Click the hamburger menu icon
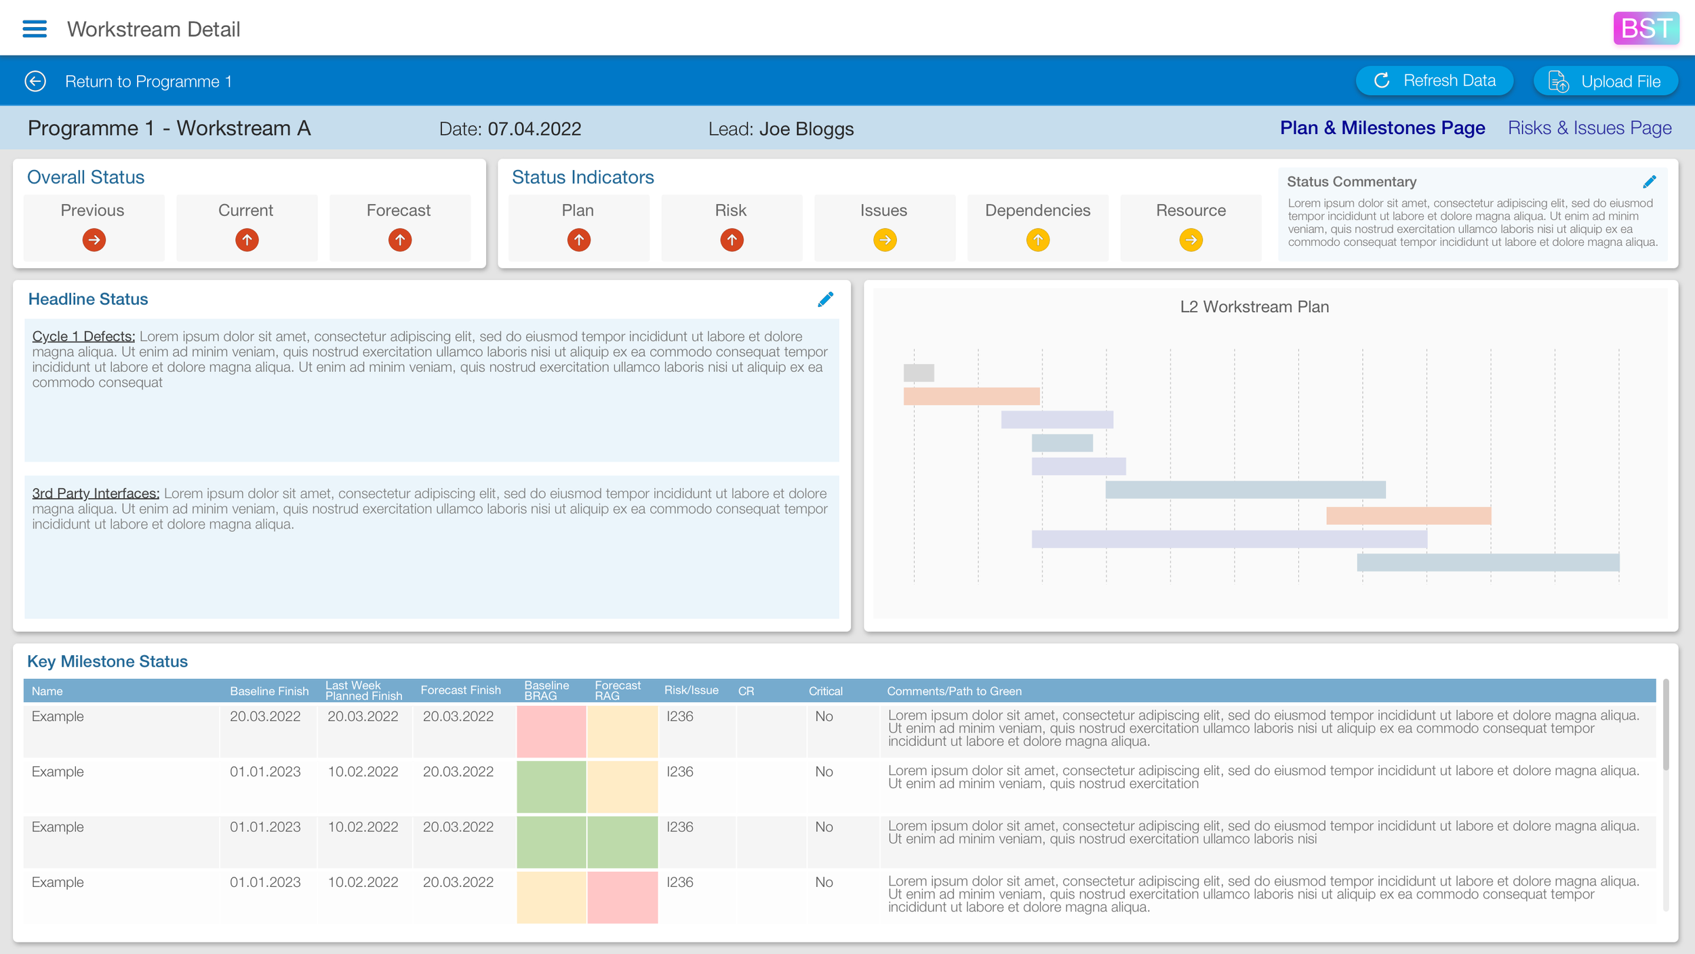[x=35, y=28]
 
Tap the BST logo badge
[x=1646, y=28]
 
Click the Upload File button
[x=1605, y=81]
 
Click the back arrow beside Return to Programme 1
[x=35, y=81]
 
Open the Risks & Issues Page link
[x=1589, y=128]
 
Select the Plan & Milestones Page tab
[x=1382, y=128]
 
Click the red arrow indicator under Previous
[x=94, y=240]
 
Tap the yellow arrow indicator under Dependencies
[x=1037, y=240]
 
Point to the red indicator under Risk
[x=731, y=240]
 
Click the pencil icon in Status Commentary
[x=1649, y=182]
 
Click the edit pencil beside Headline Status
[x=825, y=299]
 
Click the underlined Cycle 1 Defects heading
[x=83, y=337]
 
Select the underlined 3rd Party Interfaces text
[x=95, y=494]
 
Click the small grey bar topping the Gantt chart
[x=918, y=373]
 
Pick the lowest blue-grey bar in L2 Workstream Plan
[x=1488, y=562]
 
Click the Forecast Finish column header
[x=460, y=690]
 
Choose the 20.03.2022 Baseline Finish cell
[x=264, y=717]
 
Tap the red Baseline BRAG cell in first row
[x=551, y=731]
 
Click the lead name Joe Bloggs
[x=805, y=129]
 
